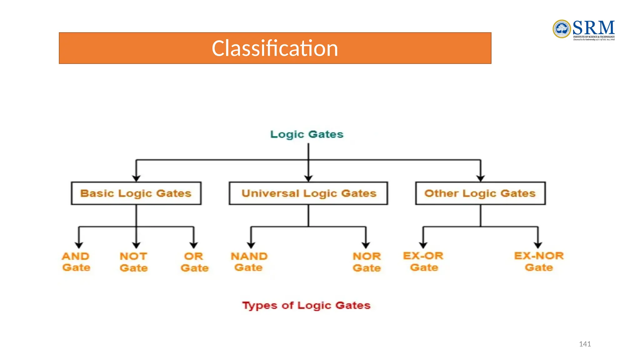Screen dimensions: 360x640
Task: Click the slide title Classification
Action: (x=275, y=48)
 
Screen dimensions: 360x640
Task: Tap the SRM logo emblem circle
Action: (x=562, y=29)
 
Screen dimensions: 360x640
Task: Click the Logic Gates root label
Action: (x=307, y=134)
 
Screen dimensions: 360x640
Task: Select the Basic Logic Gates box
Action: (x=136, y=193)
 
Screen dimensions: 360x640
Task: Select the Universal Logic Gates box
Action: (x=308, y=193)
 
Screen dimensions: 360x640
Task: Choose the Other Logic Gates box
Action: (x=480, y=193)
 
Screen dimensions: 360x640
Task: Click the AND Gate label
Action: (x=76, y=262)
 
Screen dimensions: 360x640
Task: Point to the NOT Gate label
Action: (x=133, y=262)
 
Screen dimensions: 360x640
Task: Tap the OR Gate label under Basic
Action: (x=194, y=262)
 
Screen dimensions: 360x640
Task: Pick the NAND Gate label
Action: (x=249, y=262)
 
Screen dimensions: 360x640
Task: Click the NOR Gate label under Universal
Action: (x=367, y=262)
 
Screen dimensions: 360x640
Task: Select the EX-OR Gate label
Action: (x=423, y=262)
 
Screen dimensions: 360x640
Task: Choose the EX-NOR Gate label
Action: (x=539, y=262)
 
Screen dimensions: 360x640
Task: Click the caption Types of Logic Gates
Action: (x=306, y=305)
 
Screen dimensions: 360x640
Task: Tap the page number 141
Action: (x=585, y=344)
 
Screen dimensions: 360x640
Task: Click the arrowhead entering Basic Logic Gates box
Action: (x=136, y=178)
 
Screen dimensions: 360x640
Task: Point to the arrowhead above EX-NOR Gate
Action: (x=538, y=245)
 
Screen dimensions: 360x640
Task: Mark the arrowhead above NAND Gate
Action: (x=251, y=245)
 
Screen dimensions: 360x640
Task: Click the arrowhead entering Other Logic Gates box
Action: (x=481, y=178)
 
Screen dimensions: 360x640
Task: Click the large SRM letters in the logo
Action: (x=593, y=28)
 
